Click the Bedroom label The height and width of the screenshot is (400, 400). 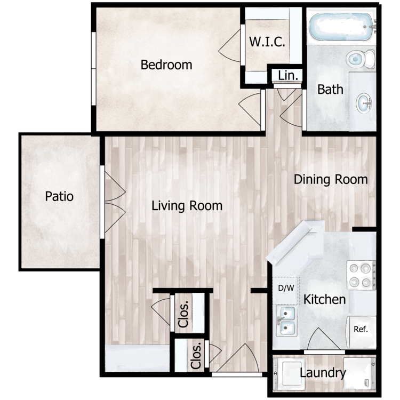coord(166,65)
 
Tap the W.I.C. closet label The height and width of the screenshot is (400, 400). coord(267,42)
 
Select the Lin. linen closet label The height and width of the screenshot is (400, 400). coord(288,76)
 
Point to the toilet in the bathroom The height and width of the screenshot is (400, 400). coord(361,59)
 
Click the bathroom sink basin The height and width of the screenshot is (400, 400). coord(364,103)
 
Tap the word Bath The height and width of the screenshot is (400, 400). coord(330,90)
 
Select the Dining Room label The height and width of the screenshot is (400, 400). coord(331,179)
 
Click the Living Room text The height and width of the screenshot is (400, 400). coord(187,206)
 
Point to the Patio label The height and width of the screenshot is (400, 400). coord(59,196)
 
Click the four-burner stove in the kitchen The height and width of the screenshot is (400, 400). coord(361,275)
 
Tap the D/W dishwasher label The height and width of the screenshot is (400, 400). coord(286,288)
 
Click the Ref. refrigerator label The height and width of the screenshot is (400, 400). coord(361,330)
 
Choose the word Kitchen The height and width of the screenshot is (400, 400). coord(324,299)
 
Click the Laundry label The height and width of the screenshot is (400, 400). coord(323,373)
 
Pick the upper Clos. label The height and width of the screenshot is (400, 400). coord(183,314)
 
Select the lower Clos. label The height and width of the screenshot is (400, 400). coord(196,355)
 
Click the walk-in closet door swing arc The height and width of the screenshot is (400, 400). coord(229,46)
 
